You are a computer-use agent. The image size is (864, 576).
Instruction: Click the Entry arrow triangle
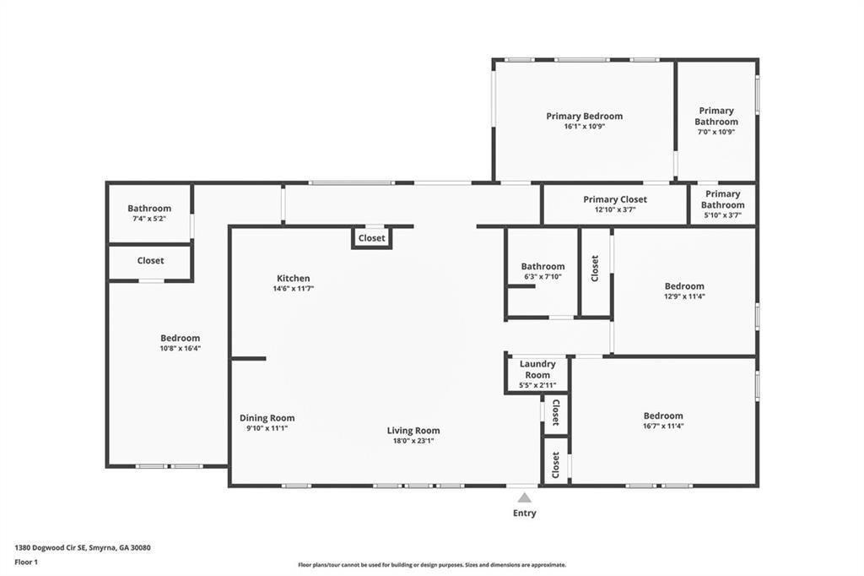(x=524, y=497)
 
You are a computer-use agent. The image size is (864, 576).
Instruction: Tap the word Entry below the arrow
(x=524, y=513)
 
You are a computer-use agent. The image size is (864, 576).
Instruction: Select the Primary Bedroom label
(x=584, y=117)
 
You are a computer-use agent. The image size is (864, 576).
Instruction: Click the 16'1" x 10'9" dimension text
(x=584, y=127)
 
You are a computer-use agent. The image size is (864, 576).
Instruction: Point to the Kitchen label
(x=293, y=278)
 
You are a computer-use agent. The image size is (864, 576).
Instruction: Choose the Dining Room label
(x=267, y=418)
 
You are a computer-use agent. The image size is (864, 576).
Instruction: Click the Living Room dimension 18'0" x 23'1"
(x=413, y=441)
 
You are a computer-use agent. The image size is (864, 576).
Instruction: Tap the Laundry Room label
(x=537, y=369)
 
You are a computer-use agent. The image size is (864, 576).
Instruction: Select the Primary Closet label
(x=614, y=199)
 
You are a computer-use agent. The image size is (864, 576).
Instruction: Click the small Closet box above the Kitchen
(x=371, y=238)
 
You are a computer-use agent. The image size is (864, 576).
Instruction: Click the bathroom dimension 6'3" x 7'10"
(x=542, y=277)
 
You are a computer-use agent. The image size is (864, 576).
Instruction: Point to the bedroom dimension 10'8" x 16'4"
(x=180, y=348)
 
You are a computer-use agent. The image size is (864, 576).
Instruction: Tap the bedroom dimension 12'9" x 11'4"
(x=683, y=296)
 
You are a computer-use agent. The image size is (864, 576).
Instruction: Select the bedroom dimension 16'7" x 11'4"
(x=663, y=426)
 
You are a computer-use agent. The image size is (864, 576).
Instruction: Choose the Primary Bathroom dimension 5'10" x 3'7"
(x=722, y=215)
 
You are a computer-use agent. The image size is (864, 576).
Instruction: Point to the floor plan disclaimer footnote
(x=431, y=565)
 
